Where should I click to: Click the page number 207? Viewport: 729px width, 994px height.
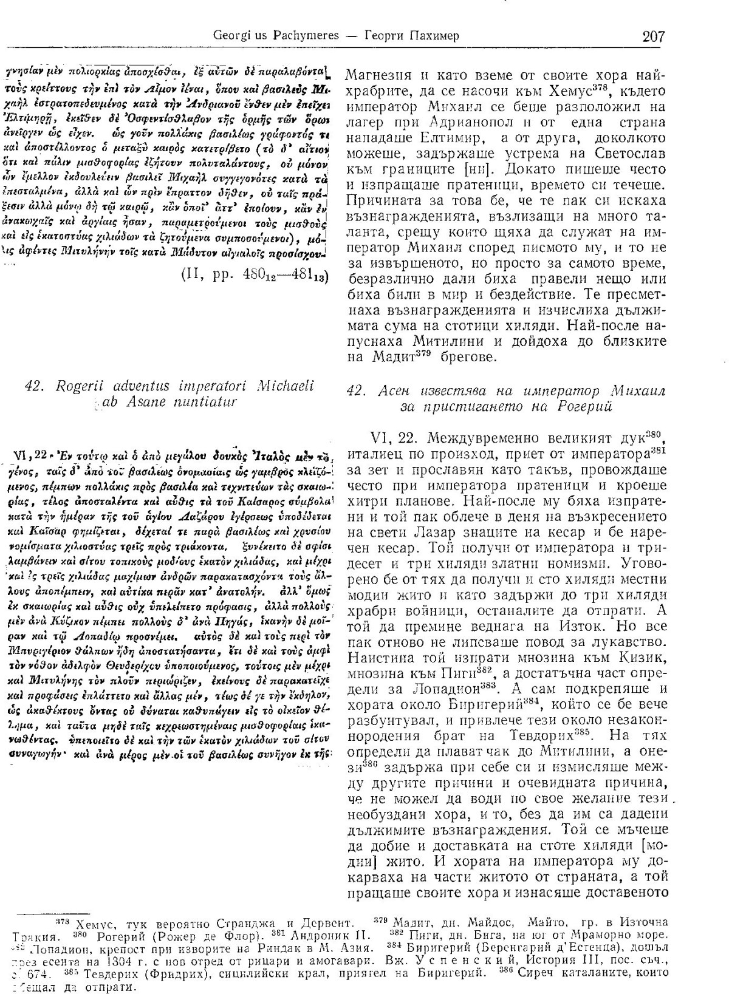653,35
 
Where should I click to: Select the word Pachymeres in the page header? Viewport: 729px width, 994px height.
288,35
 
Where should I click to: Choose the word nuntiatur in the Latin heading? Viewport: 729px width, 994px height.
202,401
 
